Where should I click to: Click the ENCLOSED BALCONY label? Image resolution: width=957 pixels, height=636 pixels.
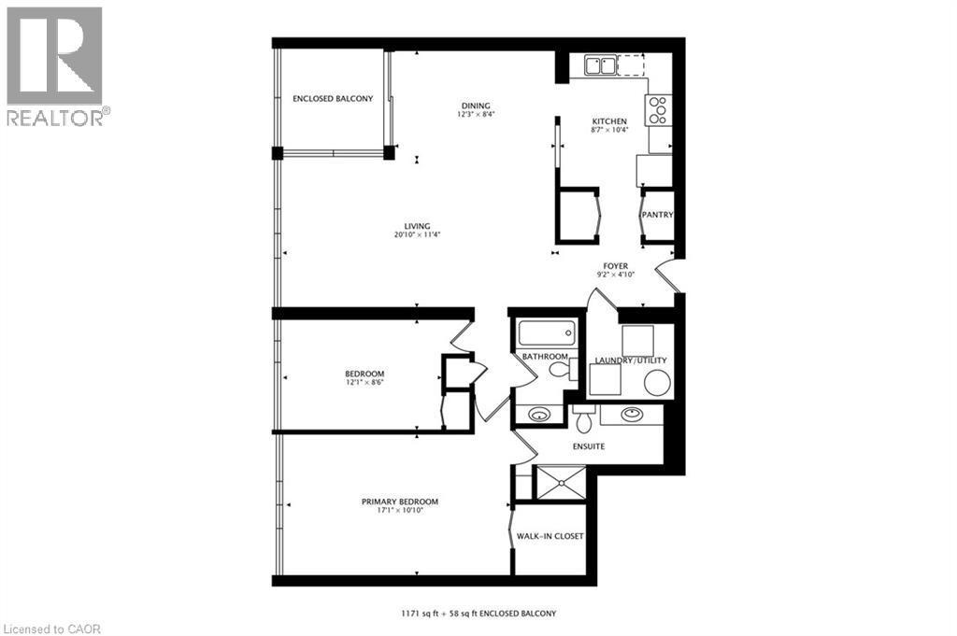click(333, 99)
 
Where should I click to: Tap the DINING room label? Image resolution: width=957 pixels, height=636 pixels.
click(475, 106)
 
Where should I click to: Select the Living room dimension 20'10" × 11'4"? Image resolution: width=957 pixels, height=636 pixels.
click(417, 235)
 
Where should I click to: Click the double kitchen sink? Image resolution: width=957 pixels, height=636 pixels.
click(600, 65)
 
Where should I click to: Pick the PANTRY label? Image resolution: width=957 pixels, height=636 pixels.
click(657, 215)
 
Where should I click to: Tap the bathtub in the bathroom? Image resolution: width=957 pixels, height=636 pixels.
click(547, 333)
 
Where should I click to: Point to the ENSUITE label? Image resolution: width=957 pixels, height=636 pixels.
click(589, 446)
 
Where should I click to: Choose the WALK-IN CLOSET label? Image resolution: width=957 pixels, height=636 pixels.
click(550, 536)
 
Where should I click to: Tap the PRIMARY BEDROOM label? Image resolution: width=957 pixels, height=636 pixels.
click(400, 502)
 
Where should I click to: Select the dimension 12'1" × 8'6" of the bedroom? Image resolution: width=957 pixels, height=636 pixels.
click(364, 382)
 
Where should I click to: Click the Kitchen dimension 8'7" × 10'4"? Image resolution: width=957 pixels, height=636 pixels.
click(609, 130)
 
